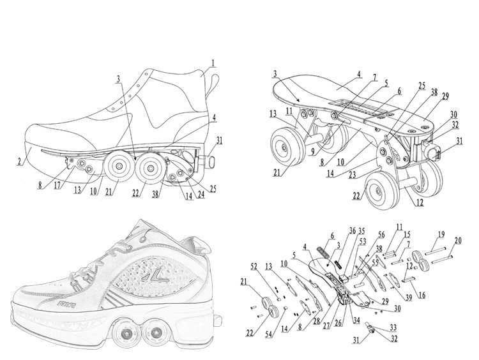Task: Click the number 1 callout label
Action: [x=214, y=63]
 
